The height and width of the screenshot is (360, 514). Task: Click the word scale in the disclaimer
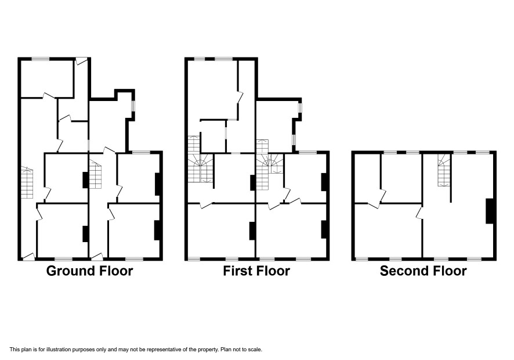pyautogui.click(x=255, y=350)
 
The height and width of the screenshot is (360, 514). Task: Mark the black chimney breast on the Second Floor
pyautogui.click(x=490, y=211)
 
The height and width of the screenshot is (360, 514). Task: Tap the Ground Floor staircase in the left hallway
pyautogui.click(x=27, y=183)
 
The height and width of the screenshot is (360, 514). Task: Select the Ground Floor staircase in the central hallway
pyautogui.click(x=95, y=174)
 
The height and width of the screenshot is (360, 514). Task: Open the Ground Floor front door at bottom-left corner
pyautogui.click(x=28, y=257)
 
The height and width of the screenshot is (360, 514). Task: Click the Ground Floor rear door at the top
pyautogui.click(x=81, y=61)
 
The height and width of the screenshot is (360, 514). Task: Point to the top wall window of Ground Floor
pyautogui.click(x=41, y=59)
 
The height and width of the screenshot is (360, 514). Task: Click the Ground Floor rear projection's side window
pyautogui.click(x=133, y=106)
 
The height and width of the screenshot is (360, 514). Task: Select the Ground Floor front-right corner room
pyautogui.click(x=134, y=231)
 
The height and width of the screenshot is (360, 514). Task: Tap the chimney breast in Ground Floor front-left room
pyautogui.click(x=85, y=234)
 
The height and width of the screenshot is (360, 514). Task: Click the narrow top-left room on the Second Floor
pyautogui.click(x=367, y=178)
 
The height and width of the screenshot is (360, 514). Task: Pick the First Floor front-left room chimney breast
pyautogui.click(x=252, y=231)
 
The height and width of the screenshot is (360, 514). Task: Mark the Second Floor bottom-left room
pyautogui.click(x=388, y=231)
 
